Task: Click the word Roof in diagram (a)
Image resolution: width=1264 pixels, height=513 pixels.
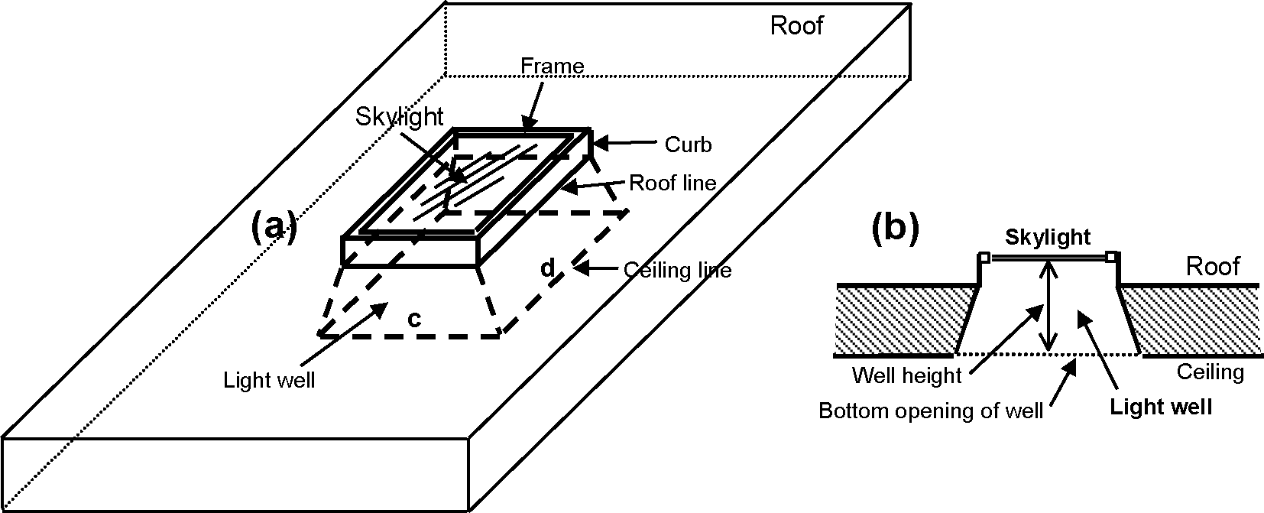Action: pos(796,26)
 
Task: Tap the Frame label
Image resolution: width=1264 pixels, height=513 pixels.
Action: pos(552,67)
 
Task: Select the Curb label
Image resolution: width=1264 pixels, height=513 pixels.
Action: pos(687,144)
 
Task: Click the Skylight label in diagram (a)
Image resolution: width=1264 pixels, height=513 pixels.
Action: pos(399,116)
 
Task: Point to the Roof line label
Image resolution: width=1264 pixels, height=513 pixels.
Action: pos(672,183)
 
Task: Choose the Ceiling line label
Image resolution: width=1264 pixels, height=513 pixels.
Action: pos(677,270)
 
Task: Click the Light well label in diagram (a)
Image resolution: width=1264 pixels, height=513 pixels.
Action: pos(269,380)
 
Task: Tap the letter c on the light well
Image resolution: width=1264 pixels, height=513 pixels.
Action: pos(413,319)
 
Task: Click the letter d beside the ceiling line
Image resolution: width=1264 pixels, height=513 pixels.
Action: pos(546,268)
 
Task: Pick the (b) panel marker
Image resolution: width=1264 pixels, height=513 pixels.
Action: pos(895,229)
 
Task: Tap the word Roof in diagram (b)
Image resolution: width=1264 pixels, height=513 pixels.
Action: pos(1212,266)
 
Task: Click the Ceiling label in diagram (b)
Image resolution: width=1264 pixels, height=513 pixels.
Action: pos(1210,372)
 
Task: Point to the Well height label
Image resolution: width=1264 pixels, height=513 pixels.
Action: pos(906,375)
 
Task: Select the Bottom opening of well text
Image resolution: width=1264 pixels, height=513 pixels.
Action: pos(930,411)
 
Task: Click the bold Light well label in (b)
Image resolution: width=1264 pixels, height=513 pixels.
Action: pos(1160,406)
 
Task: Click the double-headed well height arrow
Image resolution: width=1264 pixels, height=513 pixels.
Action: pos(1051,306)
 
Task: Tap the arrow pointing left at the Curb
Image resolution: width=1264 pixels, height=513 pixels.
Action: pos(625,142)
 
